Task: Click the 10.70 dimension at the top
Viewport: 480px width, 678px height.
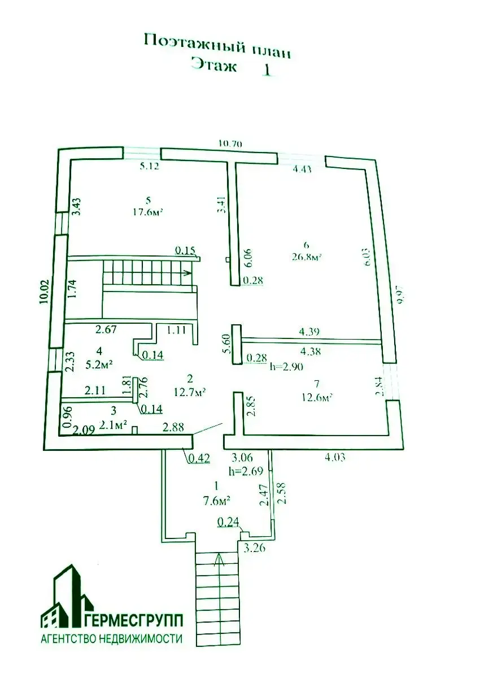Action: coord(230,144)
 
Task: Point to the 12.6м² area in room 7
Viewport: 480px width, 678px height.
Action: coord(316,397)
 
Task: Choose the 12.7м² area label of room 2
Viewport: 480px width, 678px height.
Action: coord(189,390)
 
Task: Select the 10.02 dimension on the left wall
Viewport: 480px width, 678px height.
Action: coord(45,292)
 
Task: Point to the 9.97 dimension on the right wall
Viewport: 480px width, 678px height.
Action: coord(402,295)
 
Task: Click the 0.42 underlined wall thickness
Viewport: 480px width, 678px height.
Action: coord(199,458)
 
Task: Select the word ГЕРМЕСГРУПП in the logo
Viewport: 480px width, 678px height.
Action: coord(137,621)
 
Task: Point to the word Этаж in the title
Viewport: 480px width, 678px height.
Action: coord(214,66)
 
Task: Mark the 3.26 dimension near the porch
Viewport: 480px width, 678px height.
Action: coord(254,547)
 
